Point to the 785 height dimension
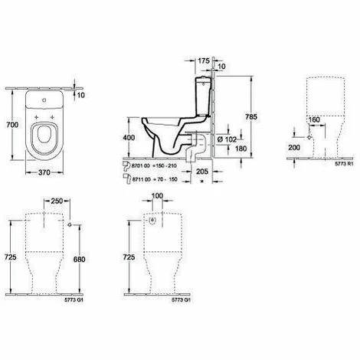[263, 119]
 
